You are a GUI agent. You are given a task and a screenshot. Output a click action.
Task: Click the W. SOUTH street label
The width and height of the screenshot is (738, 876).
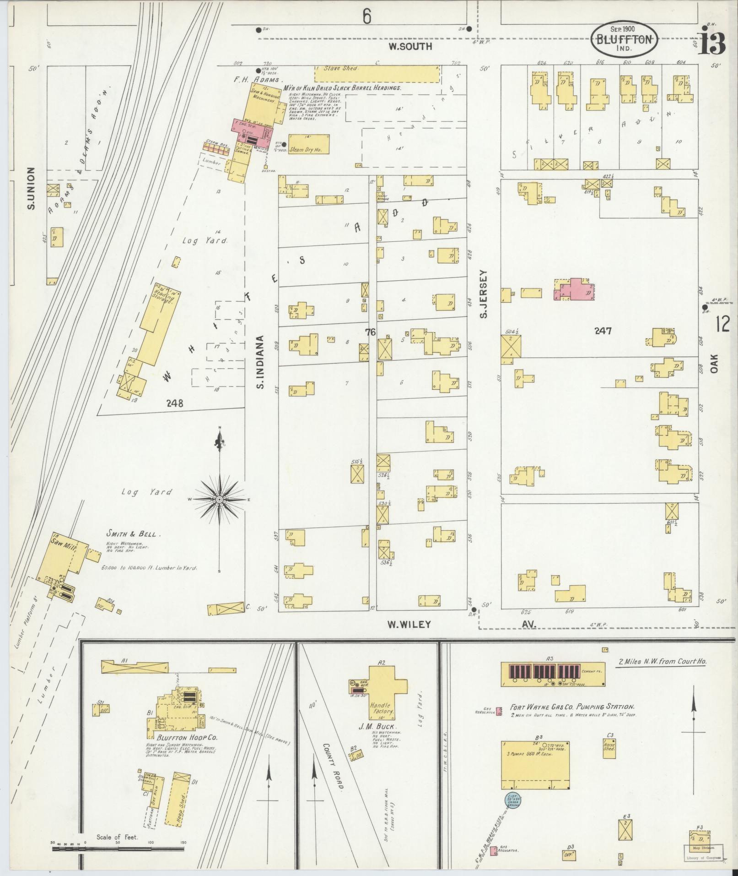coord(410,46)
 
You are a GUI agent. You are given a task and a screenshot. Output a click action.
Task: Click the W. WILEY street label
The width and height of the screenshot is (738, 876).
coord(409,624)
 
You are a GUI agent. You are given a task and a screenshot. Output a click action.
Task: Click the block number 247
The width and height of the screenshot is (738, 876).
coord(603,331)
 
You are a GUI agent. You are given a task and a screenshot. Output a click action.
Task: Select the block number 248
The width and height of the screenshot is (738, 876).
coord(175,403)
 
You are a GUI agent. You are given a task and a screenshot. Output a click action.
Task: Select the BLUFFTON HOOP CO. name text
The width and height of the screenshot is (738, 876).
coord(181,751)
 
